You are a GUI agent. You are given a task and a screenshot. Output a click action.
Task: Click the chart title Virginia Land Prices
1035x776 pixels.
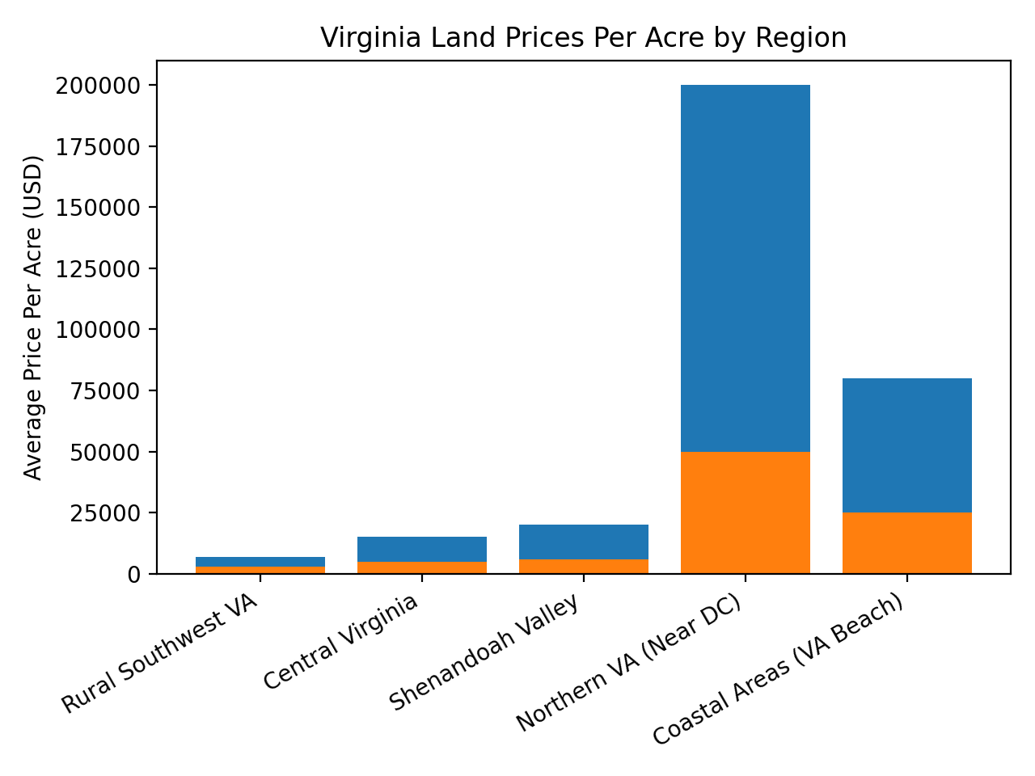[x=583, y=38]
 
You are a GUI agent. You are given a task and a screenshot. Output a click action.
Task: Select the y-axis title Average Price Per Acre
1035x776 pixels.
[x=33, y=317]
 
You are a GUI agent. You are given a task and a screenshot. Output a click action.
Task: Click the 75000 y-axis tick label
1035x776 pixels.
[x=103, y=391]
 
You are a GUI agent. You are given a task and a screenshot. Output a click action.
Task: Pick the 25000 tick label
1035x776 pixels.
[x=103, y=513]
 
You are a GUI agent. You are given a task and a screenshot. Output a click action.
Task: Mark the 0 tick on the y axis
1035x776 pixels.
[x=134, y=575]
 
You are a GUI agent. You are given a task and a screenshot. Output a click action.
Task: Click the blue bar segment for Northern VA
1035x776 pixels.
[x=745, y=267]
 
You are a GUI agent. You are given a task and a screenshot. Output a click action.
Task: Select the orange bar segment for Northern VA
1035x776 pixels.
[x=745, y=512]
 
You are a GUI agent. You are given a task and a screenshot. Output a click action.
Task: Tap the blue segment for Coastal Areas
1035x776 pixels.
[x=906, y=445]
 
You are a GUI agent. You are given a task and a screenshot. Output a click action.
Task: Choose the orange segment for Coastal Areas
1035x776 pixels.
[x=906, y=543]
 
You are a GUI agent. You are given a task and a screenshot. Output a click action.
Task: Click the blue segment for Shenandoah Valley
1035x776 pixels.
[x=583, y=542]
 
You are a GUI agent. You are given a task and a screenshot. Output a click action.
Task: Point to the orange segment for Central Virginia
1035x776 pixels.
[x=421, y=567]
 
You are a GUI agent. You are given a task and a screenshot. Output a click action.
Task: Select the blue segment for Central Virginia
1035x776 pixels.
[x=421, y=549]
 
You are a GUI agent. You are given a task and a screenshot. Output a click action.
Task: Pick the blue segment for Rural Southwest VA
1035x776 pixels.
[x=260, y=562]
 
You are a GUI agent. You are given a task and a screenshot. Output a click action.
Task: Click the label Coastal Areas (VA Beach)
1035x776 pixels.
[x=777, y=670]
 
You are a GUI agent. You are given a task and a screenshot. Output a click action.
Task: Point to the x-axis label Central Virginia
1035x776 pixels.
[x=340, y=642]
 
